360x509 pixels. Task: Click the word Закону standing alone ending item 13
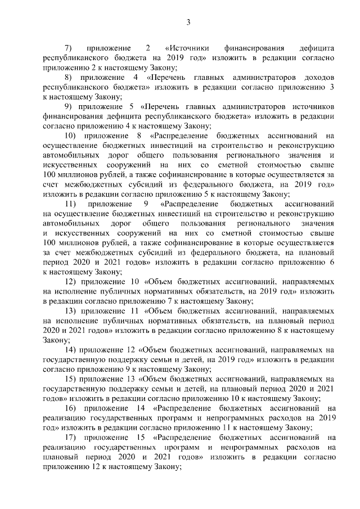(55, 340)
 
